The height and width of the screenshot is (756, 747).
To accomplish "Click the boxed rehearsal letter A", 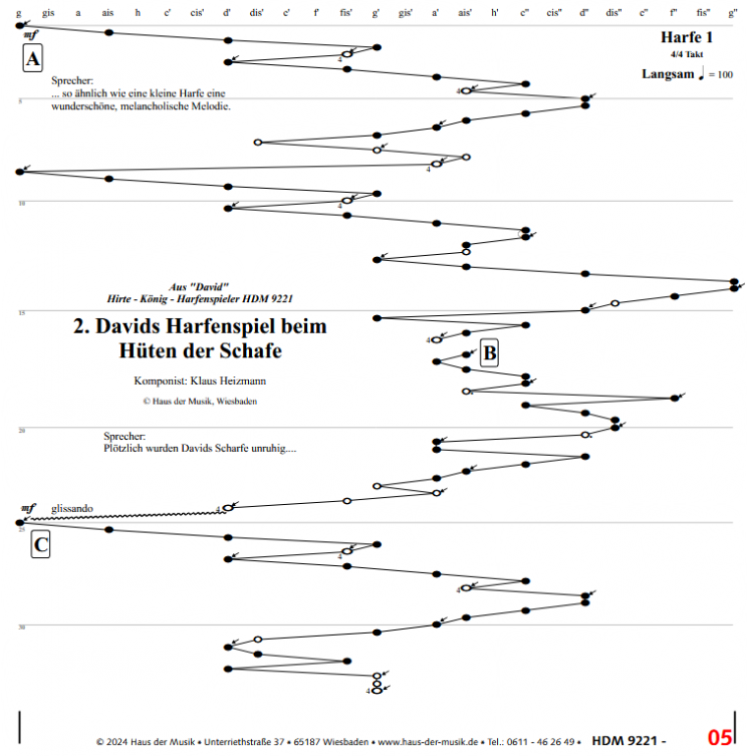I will click(33, 59).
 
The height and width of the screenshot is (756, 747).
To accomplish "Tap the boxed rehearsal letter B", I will click(491, 353).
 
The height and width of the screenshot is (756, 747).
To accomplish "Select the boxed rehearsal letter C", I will click(40, 544).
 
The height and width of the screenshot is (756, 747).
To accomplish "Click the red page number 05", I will click(719, 737).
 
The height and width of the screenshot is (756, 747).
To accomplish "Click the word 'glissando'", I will click(72, 508).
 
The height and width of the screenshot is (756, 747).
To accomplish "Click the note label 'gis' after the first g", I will click(49, 12).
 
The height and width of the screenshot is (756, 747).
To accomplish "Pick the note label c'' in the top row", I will click(525, 12).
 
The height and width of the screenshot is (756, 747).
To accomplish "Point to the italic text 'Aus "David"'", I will click(200, 285).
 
